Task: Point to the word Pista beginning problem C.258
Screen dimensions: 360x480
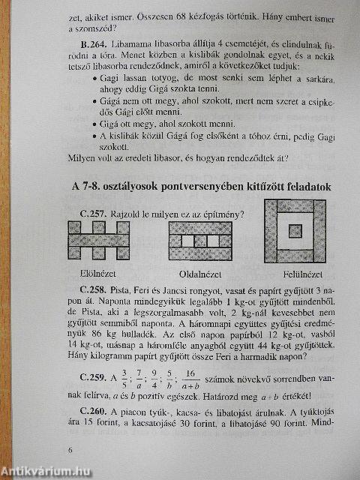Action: pos(142,287)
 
